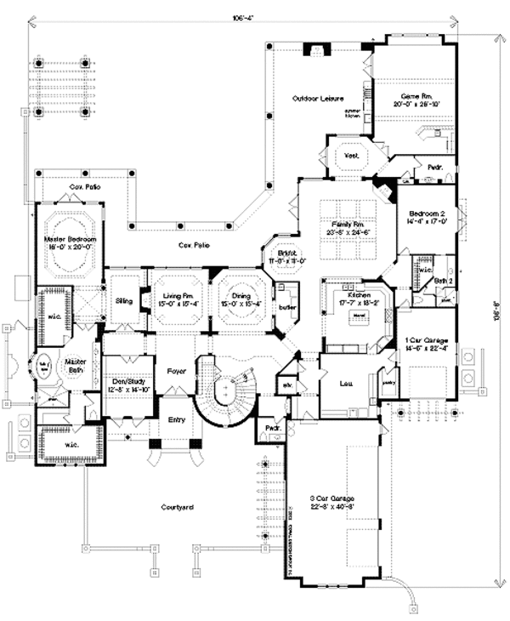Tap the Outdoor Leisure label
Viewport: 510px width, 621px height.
pos(312,99)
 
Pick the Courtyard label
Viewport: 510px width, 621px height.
pos(178,507)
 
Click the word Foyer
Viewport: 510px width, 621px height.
pos(176,372)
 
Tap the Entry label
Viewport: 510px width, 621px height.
pos(175,419)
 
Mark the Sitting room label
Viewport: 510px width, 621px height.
pos(125,300)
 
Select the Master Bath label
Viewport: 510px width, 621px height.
pos(77,366)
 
